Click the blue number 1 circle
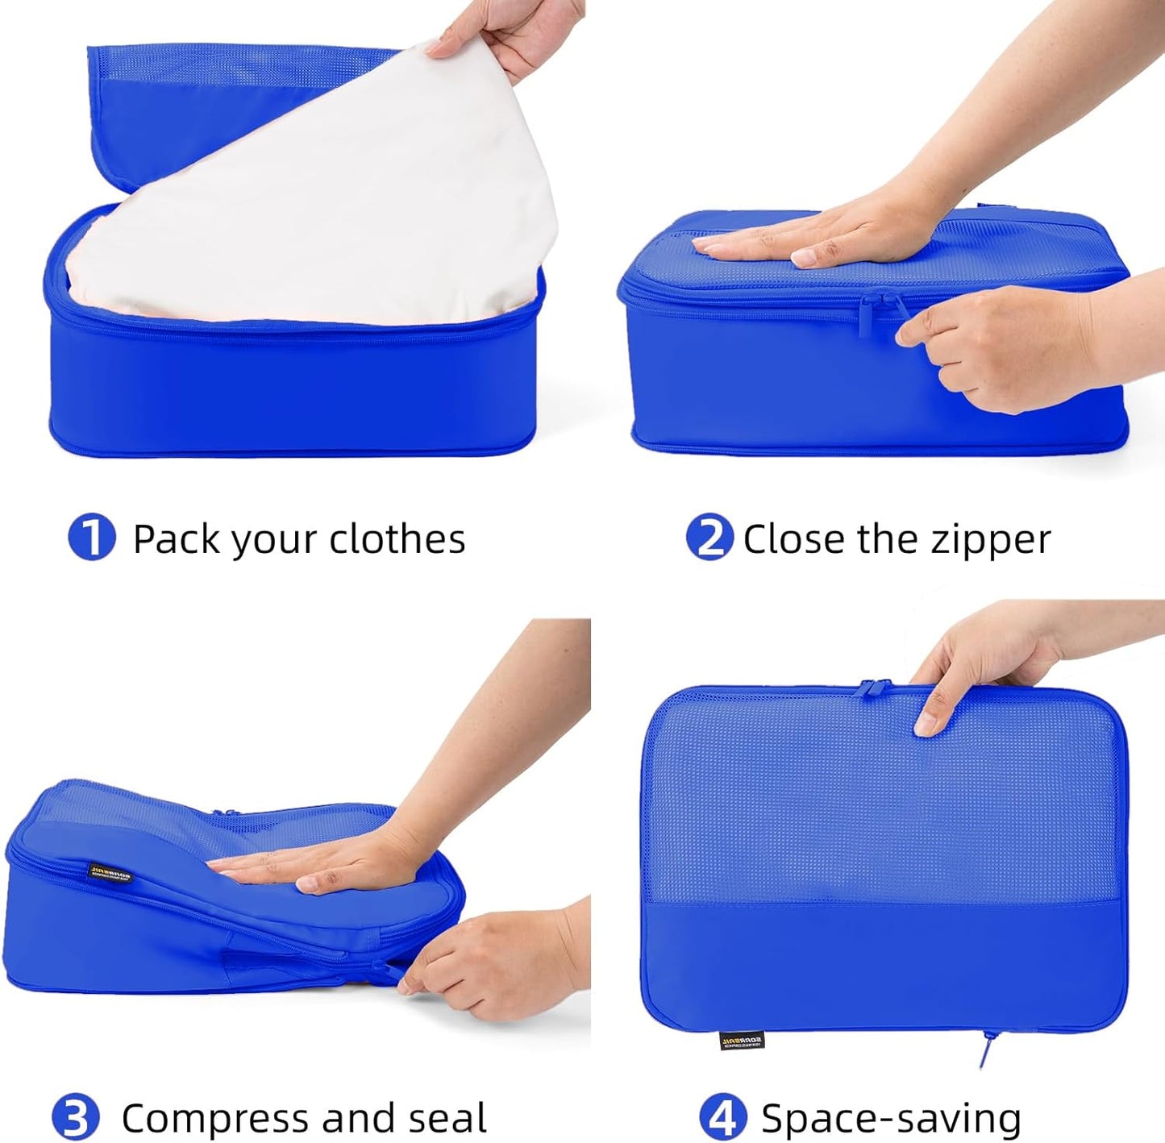[92, 538]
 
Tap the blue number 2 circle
[709, 538]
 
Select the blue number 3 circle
[75, 1118]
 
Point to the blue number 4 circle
[722, 1118]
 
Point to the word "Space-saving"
[891, 1119]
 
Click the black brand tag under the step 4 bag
[741, 1041]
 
